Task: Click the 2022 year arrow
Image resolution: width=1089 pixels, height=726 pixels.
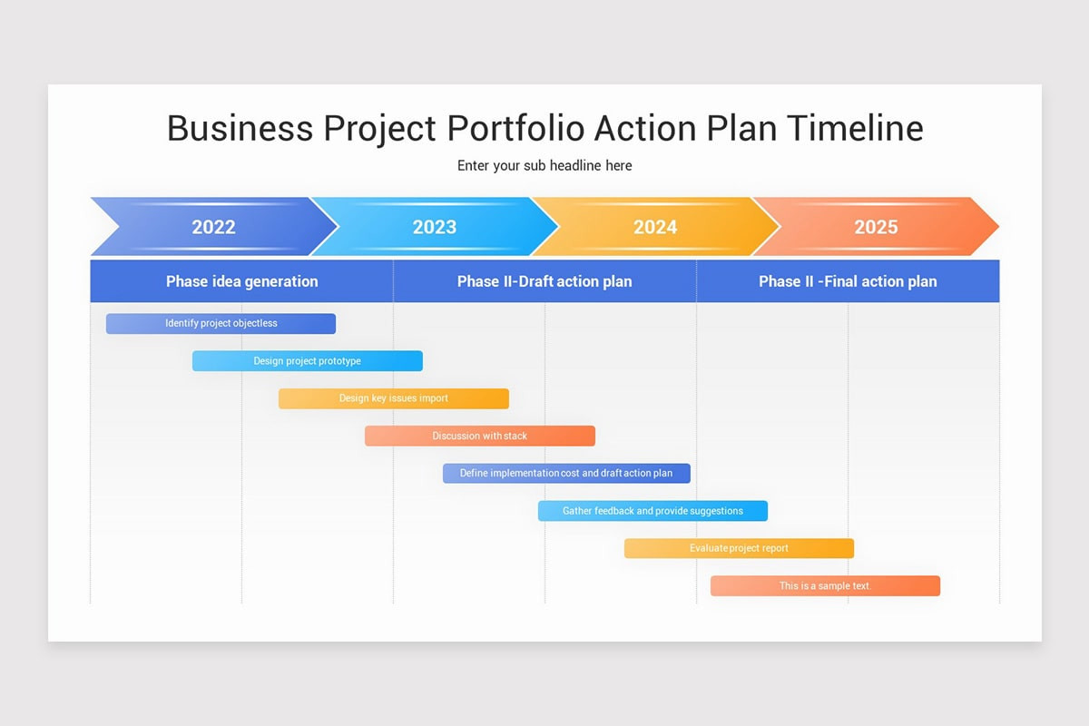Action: (x=213, y=227)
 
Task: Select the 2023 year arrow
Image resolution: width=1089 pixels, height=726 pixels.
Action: (x=435, y=227)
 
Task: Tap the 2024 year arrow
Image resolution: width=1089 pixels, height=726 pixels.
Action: (x=655, y=227)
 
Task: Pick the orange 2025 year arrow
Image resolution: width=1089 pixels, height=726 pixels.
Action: (x=876, y=227)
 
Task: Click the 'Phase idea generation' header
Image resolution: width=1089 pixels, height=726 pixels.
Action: (x=241, y=281)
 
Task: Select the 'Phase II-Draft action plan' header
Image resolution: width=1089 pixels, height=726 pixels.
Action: (x=544, y=281)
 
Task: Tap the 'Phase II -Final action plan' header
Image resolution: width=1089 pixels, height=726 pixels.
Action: (x=848, y=281)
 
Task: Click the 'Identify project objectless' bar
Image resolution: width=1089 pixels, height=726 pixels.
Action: (x=221, y=324)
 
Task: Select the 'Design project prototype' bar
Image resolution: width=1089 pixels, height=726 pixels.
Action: (x=307, y=361)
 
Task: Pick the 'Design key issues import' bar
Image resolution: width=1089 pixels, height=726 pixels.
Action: (x=393, y=398)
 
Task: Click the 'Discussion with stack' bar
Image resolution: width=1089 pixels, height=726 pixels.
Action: (x=479, y=437)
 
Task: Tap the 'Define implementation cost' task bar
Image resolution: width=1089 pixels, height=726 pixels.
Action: (x=566, y=474)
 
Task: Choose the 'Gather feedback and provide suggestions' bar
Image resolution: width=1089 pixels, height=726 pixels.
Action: (x=652, y=511)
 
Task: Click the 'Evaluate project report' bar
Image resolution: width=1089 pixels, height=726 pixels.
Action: (x=739, y=548)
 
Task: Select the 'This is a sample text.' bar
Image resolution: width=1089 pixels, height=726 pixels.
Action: (x=825, y=586)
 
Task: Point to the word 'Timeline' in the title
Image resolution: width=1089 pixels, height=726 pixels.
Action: (x=854, y=128)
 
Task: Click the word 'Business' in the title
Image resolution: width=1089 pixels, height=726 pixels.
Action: (x=240, y=128)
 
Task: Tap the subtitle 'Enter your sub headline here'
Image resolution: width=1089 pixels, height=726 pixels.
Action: (x=544, y=166)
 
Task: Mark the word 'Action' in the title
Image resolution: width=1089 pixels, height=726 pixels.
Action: (x=645, y=128)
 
